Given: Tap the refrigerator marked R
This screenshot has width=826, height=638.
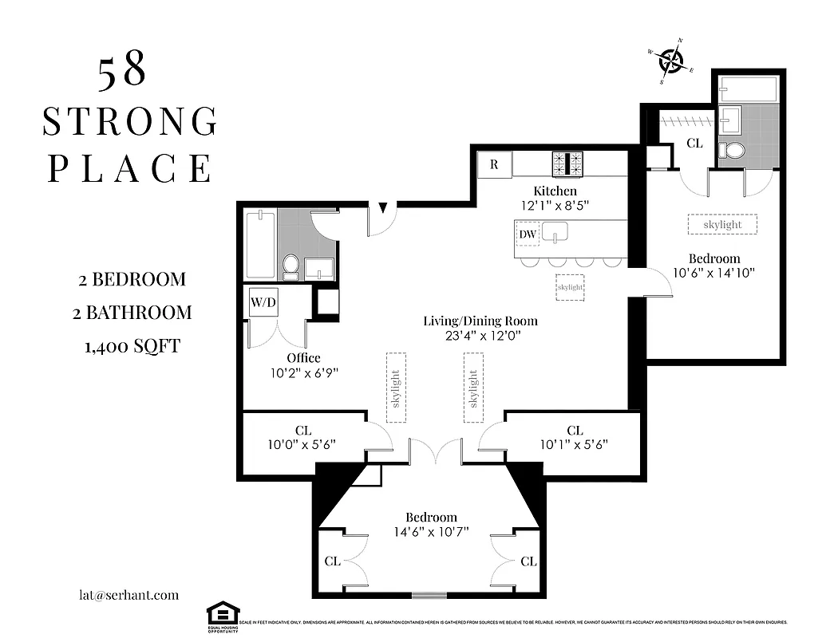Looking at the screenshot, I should coord(494,165).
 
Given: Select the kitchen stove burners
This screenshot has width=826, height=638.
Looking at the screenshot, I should coord(568,163).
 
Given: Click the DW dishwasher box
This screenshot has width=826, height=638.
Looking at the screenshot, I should coord(528,234).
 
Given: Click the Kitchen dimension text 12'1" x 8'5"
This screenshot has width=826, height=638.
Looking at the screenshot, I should coord(555,205).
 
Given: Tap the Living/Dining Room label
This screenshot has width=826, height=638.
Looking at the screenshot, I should coord(480,321).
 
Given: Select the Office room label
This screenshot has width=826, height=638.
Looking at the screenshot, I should coord(304,357).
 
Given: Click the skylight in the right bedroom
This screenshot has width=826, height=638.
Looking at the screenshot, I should coord(722,224).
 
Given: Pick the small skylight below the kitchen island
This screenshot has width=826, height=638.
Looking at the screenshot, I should coord(570,287).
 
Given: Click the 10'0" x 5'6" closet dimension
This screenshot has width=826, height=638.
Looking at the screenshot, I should coord(302,445).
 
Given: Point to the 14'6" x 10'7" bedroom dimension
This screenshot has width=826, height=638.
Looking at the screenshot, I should coord(431,532).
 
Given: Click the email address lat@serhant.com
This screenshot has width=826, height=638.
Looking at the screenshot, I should coord(124,595).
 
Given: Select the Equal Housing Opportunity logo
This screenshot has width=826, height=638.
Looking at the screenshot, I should coord(223,615).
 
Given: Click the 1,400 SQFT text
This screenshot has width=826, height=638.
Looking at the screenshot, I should coord(131,346).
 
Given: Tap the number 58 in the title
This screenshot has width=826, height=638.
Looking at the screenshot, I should coord(122,73).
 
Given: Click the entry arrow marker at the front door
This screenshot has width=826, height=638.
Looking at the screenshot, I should coord(383,208).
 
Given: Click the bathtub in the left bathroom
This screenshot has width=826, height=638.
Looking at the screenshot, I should coord(260,243).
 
